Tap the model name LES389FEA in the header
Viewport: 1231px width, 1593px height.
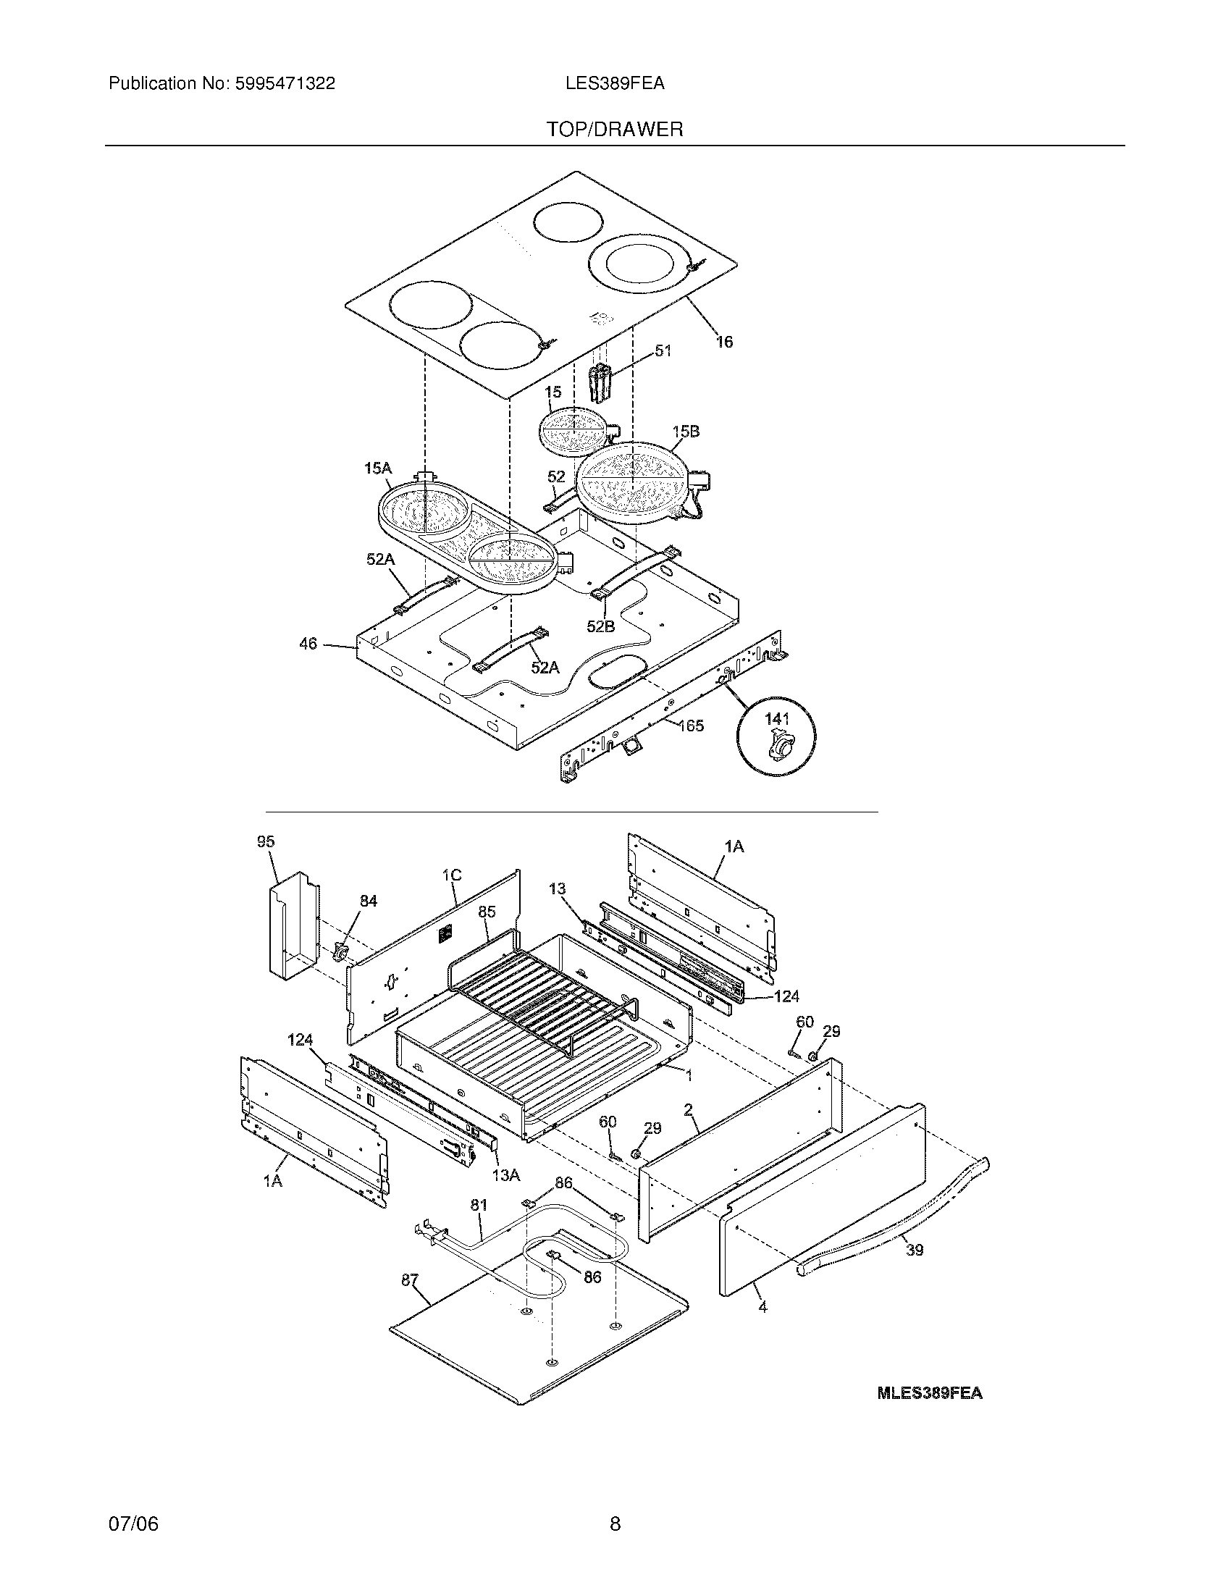click(x=614, y=84)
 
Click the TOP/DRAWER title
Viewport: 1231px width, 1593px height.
click(x=615, y=130)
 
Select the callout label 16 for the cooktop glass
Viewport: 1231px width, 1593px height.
click(x=723, y=341)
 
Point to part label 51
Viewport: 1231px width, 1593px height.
click(x=662, y=351)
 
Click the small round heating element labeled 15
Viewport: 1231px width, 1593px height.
click(x=573, y=430)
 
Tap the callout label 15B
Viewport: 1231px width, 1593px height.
click(x=686, y=432)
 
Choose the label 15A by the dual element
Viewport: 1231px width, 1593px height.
click(x=378, y=468)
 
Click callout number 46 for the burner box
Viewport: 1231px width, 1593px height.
click(x=308, y=643)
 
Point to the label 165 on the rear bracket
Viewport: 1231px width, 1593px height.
click(x=691, y=725)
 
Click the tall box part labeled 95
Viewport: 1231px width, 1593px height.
click(x=292, y=922)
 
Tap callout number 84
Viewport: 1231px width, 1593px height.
click(x=369, y=901)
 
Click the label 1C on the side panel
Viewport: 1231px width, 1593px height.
click(x=451, y=875)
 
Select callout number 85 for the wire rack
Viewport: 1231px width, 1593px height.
click(x=487, y=912)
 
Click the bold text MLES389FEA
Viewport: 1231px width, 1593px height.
click(x=929, y=1393)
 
